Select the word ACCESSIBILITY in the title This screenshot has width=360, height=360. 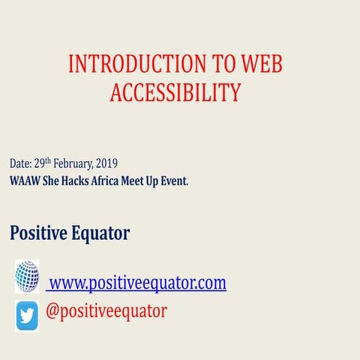[175, 91]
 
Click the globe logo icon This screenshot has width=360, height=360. [26, 276]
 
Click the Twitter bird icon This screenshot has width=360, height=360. [27, 315]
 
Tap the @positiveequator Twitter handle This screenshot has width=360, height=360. [106, 310]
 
